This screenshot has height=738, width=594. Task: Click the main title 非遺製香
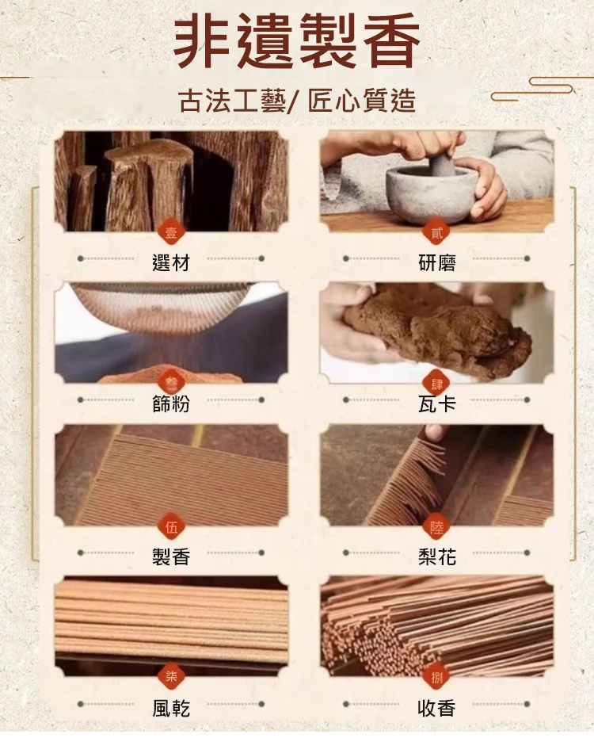point(297,41)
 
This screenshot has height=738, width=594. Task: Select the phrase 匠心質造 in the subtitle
point(362,101)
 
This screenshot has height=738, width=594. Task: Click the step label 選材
point(171,262)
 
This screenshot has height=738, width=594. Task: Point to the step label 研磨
point(437,262)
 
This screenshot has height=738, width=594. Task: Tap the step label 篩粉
point(171,403)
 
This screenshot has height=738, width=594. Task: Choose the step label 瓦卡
point(437,403)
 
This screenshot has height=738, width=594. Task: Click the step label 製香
point(171,556)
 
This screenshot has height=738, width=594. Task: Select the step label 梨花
point(437,556)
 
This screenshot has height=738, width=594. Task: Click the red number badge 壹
point(171,233)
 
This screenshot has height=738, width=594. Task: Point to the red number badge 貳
point(437,233)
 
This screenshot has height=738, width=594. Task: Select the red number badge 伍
point(171,527)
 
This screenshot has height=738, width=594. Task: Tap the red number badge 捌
point(437,678)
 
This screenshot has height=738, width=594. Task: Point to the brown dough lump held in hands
point(438,330)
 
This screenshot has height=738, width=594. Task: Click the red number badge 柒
point(171,678)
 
